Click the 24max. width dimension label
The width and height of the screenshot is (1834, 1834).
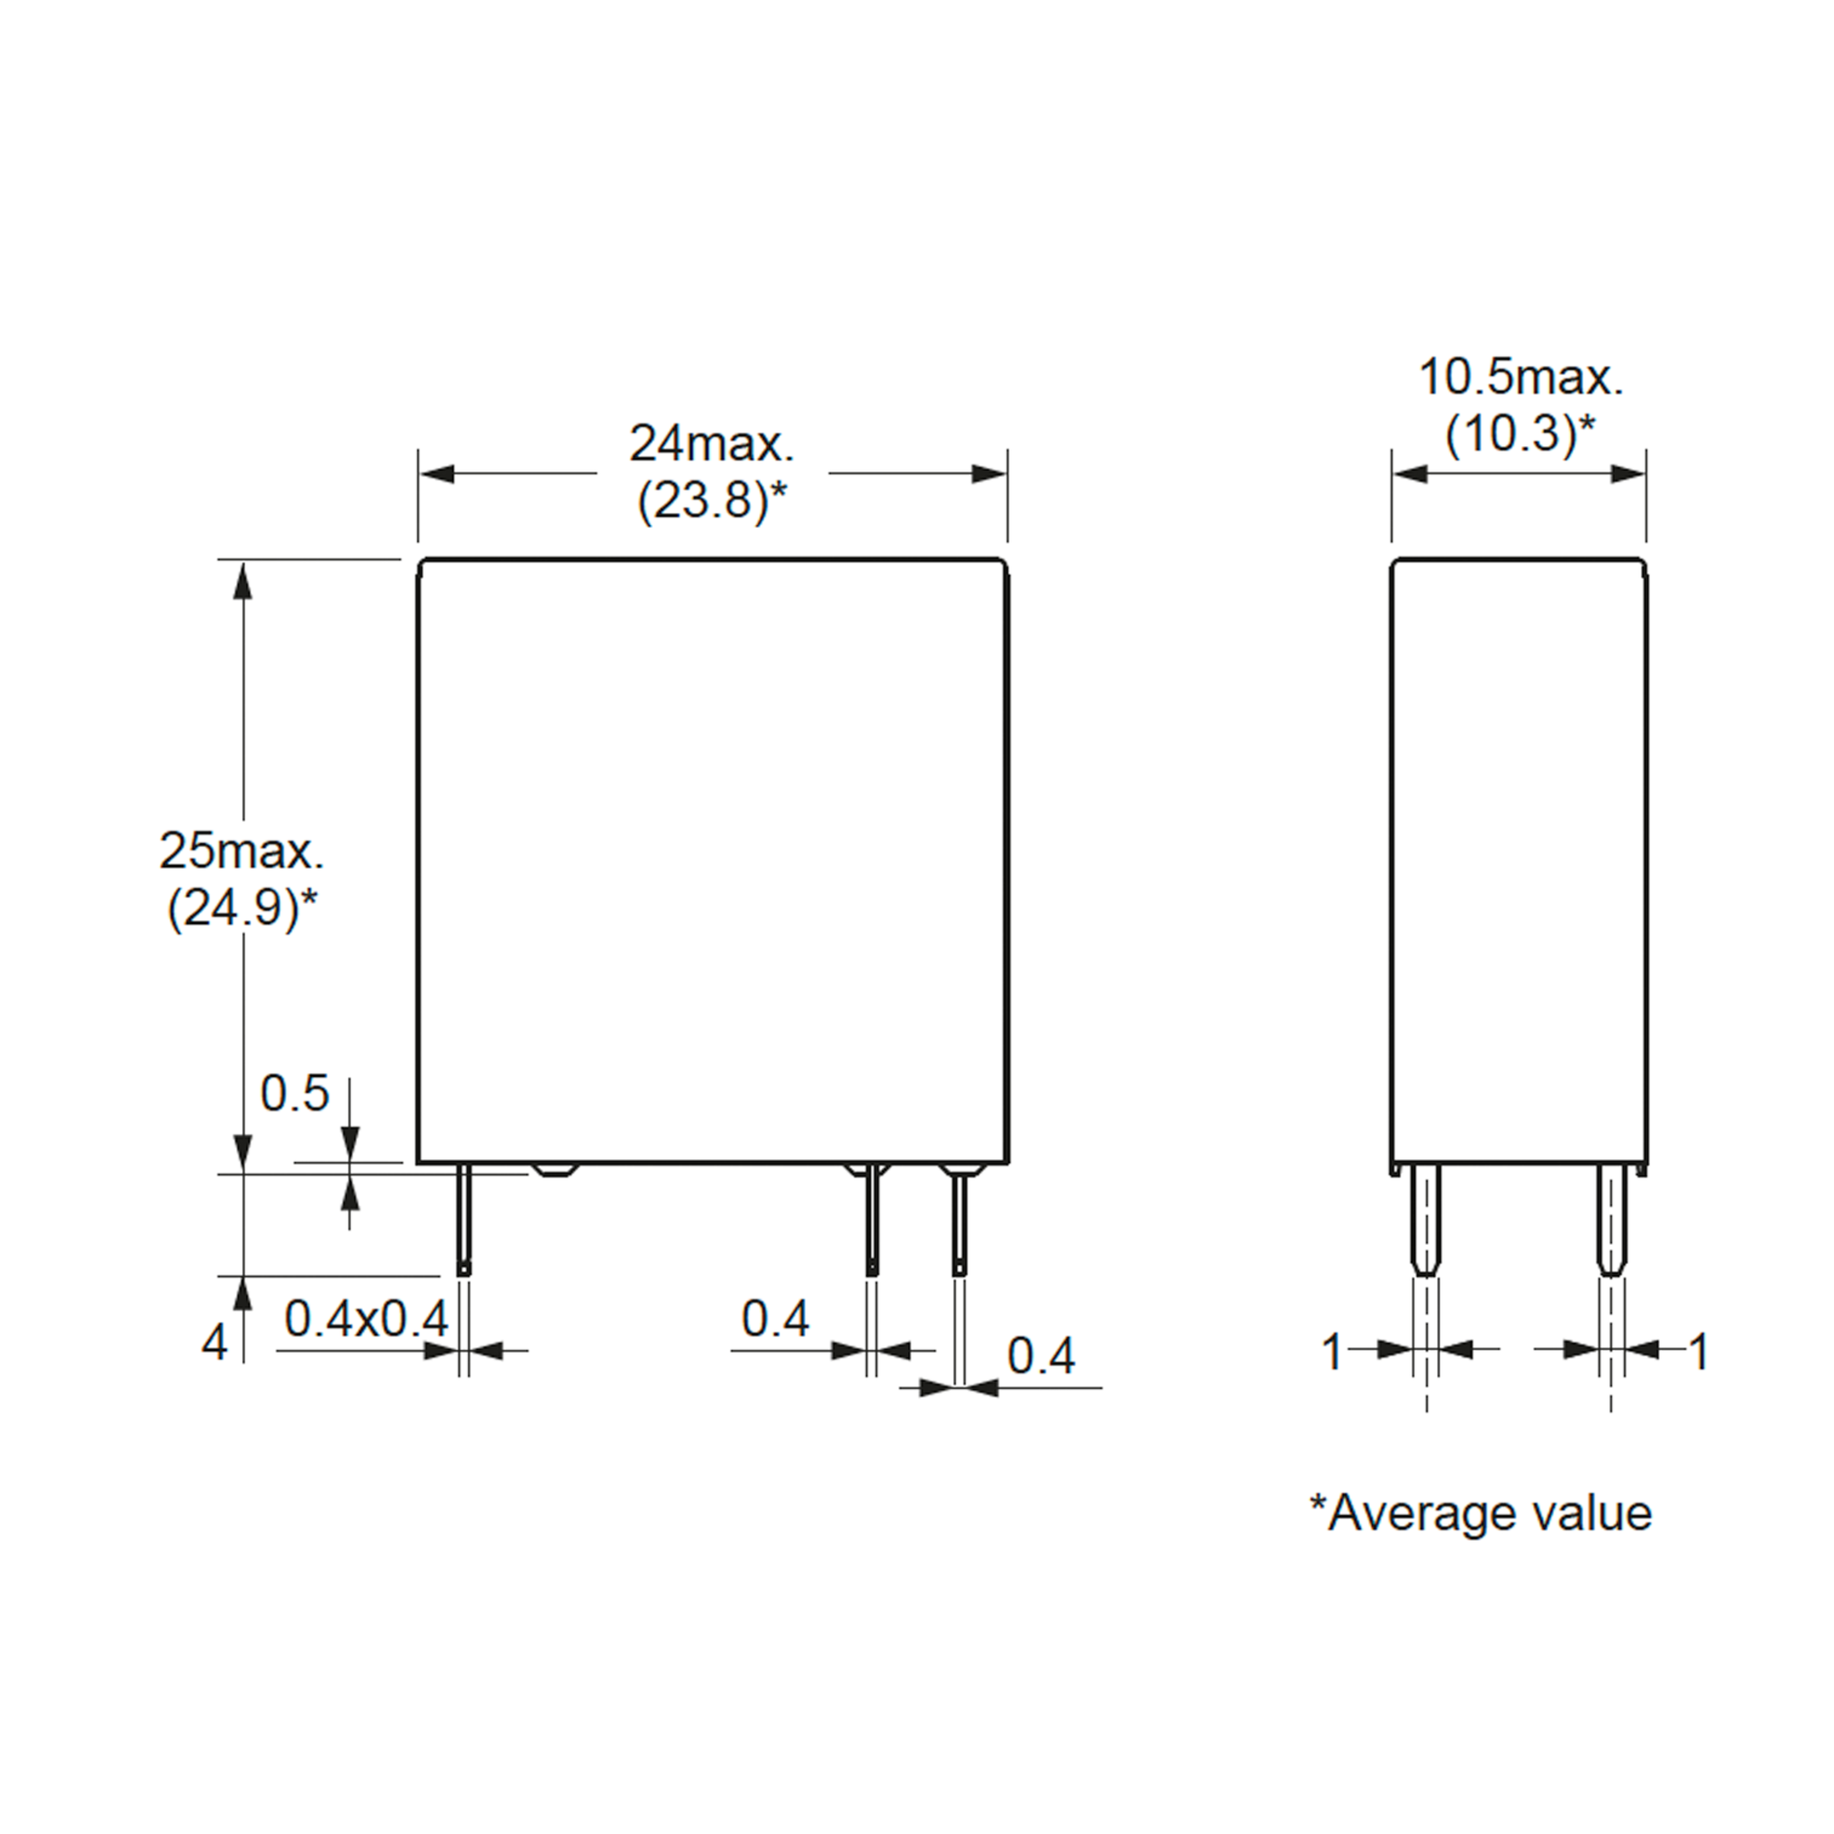712,443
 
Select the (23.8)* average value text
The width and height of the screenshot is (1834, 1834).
713,501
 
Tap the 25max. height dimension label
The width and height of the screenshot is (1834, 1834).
241,851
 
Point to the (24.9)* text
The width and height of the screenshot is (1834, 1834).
242,909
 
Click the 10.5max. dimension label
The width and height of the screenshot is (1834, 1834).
1521,377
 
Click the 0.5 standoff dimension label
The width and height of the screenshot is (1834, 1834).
294,1094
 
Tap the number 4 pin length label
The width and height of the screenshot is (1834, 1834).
215,1343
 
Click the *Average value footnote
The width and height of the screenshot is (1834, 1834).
1481,1512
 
